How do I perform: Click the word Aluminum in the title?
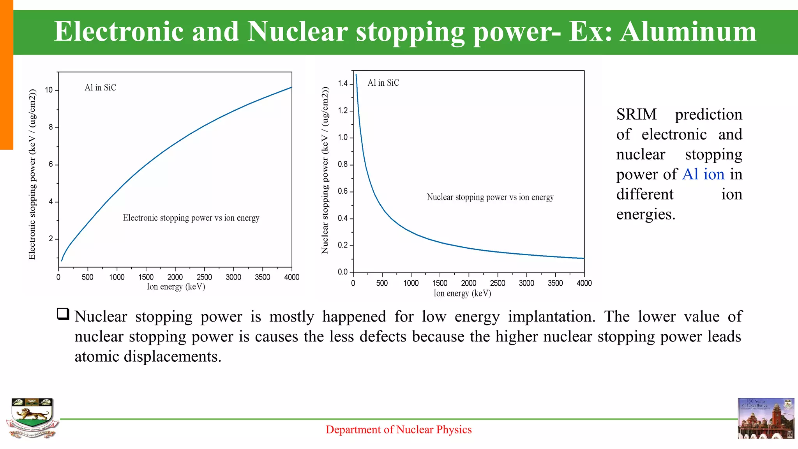[x=688, y=32]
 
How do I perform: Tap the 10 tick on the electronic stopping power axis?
[x=49, y=90]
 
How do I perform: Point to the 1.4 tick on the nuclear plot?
[x=343, y=83]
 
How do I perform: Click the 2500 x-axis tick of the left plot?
[x=204, y=277]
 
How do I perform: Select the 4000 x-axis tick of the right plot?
[x=584, y=283]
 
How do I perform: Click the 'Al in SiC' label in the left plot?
[x=100, y=88]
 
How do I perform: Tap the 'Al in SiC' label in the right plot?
[x=383, y=83]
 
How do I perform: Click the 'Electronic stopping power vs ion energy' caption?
[x=191, y=218]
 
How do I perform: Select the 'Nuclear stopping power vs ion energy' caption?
[x=490, y=197]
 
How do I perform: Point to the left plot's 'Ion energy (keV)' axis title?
[x=176, y=287]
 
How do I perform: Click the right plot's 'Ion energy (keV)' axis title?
[x=462, y=293]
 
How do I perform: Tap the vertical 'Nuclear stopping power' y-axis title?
[x=325, y=170]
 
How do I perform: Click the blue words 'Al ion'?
[x=703, y=174]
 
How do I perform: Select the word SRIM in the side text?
[x=636, y=115]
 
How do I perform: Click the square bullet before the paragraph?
[x=63, y=314]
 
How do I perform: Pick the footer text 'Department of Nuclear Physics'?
[x=399, y=430]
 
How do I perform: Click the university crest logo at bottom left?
[x=32, y=418]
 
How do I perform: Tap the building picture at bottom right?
[x=766, y=418]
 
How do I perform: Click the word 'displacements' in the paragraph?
[x=172, y=357]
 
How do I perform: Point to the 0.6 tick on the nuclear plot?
[x=343, y=191]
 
